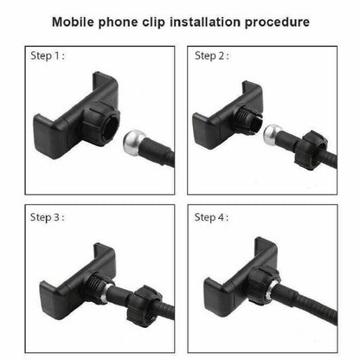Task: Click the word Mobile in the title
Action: (73, 22)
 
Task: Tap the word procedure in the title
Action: (277, 22)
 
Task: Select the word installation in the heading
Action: (205, 22)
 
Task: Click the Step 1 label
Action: (48, 55)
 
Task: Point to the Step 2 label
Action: (212, 55)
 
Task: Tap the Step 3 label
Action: (48, 217)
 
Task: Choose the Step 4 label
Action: (211, 217)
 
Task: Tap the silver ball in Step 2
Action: (273, 134)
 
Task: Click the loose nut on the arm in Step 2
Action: (311, 150)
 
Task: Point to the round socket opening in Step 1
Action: (112, 126)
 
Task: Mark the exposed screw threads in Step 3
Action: (96, 285)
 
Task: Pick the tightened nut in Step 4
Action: (264, 285)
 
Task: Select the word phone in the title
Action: (118, 22)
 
